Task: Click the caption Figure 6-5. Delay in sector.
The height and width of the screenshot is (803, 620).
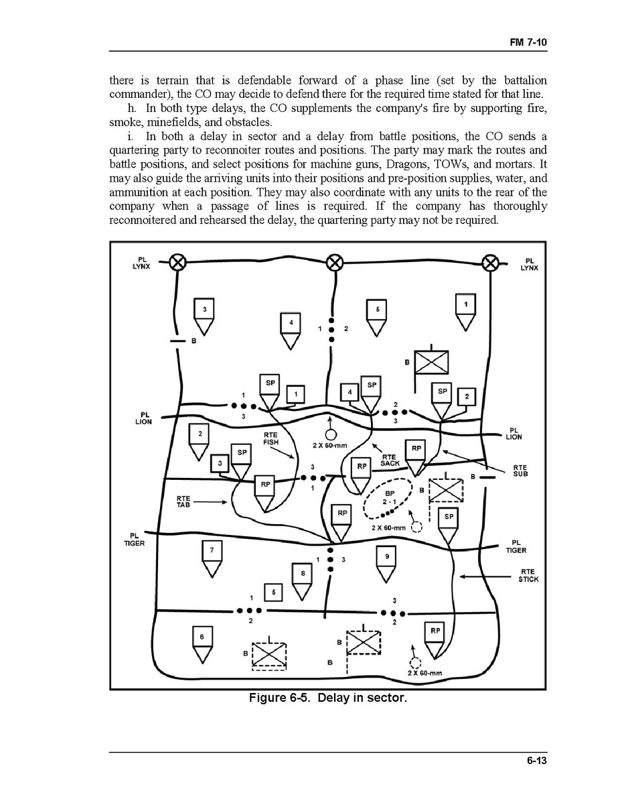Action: click(327, 698)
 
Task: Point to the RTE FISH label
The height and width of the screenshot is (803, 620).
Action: click(270, 439)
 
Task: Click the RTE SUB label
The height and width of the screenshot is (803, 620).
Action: click(520, 471)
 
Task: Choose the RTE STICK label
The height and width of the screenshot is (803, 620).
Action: click(528, 576)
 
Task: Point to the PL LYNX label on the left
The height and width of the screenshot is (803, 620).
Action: click(142, 263)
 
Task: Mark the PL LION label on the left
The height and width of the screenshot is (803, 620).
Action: click(143, 418)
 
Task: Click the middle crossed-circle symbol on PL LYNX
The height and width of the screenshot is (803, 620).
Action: click(333, 263)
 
